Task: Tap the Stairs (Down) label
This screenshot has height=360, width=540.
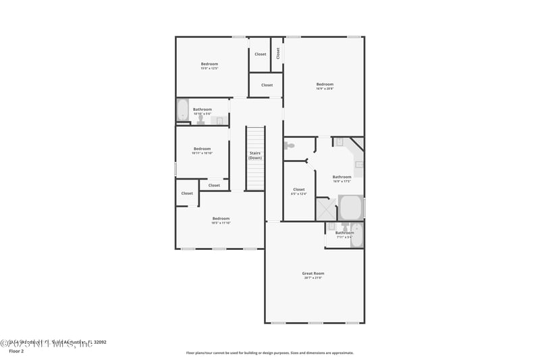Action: [254, 155]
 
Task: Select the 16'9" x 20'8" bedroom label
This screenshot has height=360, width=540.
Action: [325, 85]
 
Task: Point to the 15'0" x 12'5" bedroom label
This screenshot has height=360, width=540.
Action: [209, 65]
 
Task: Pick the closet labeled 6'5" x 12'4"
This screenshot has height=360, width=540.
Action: [298, 190]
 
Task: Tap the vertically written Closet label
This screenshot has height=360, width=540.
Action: [277, 53]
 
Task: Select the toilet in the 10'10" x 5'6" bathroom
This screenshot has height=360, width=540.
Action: [200, 120]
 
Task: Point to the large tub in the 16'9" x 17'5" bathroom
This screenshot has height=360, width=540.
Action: [350, 207]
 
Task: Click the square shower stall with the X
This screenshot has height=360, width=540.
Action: [327, 209]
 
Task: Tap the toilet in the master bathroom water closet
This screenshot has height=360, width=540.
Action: [290, 145]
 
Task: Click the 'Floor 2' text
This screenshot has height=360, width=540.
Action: [16, 351]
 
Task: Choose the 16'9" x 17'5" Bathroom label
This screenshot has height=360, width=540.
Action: [342, 178]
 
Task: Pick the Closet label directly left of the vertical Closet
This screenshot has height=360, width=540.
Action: [261, 54]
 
